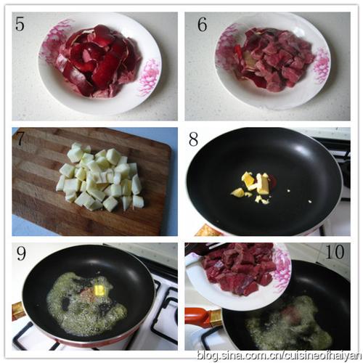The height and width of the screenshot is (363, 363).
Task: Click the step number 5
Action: [x=20, y=23]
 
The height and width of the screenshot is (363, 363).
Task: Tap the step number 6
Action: [x=202, y=25]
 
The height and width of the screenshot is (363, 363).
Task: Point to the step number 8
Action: [x=193, y=139]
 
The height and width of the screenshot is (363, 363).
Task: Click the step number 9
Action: [x=21, y=253]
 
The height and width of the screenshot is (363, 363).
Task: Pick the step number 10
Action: [x=335, y=252]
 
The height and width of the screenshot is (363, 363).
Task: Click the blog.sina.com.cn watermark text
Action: [x=279, y=355]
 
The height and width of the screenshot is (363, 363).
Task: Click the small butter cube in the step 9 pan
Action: [x=99, y=290]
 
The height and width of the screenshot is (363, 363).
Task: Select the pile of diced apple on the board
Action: [x=99, y=176]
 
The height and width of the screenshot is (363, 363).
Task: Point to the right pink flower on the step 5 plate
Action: [x=150, y=78]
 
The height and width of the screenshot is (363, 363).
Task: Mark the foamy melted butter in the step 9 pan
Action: [x=86, y=303]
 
